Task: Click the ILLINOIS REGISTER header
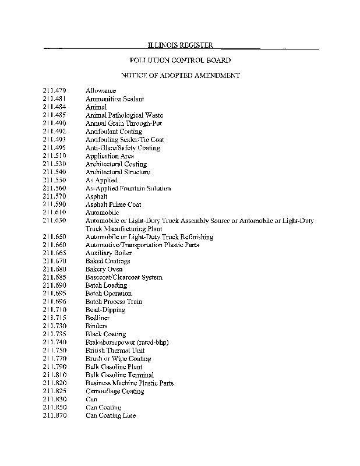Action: [180, 45]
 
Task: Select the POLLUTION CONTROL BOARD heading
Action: [180, 60]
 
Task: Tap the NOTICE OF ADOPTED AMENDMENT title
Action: [180, 76]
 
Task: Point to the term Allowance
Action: [101, 91]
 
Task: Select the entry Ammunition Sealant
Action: [115, 99]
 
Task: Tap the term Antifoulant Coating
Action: [114, 132]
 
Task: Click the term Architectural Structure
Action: [118, 172]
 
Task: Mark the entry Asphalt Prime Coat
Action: [113, 205]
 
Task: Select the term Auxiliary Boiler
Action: [108, 253]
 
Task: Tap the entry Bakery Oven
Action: [104, 270]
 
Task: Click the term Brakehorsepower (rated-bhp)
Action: [127, 343]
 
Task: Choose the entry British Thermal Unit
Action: [115, 351]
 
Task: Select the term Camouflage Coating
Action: [114, 391]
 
